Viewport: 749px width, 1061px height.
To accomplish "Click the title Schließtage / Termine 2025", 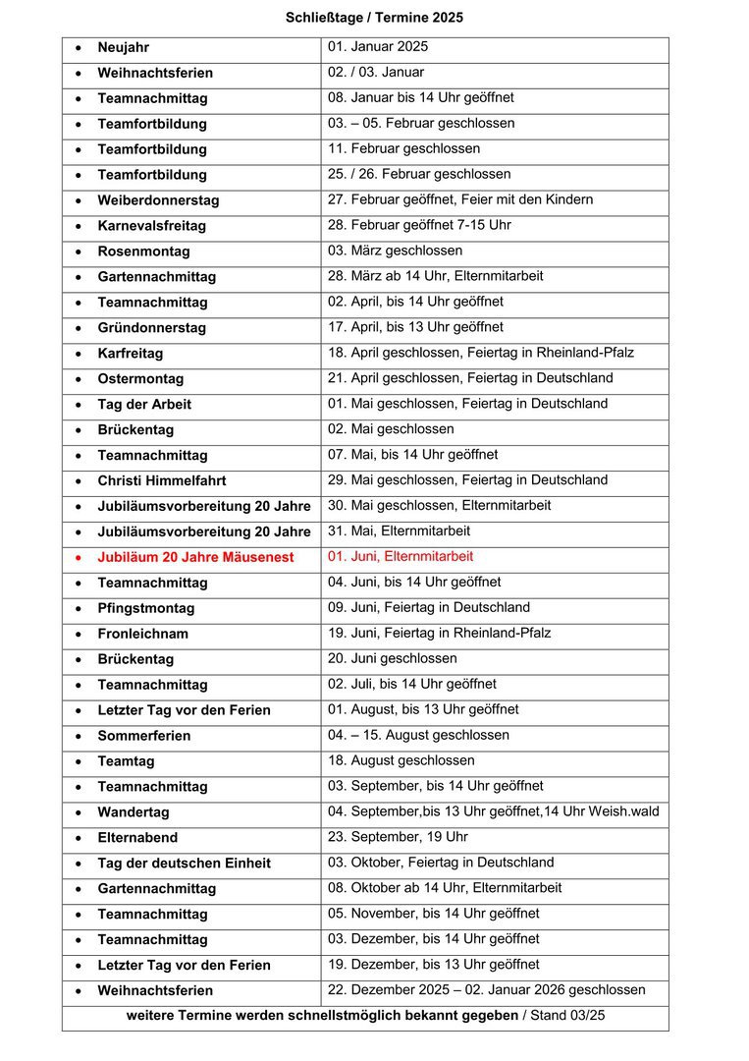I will tap(374, 18).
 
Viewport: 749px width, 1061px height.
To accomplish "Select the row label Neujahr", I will tap(124, 47).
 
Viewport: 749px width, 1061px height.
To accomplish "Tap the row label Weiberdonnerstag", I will tap(158, 200).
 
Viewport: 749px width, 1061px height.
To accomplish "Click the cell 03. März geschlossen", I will tap(395, 251).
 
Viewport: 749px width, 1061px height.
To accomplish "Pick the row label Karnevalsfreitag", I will tap(152, 226).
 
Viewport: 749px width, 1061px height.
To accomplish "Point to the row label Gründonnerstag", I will tap(152, 328).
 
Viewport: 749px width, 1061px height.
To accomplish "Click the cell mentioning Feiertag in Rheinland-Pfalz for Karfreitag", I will tap(481, 353).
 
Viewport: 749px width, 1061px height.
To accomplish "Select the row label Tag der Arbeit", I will tap(144, 405).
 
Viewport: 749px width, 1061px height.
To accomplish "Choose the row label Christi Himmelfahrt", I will tap(162, 481).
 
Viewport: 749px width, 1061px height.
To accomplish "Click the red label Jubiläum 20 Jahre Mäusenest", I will tap(195, 557).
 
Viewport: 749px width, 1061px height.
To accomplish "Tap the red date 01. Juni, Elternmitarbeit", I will tap(401, 557).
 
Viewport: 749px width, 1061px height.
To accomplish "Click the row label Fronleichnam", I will tap(143, 634).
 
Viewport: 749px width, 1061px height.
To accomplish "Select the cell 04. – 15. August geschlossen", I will tap(418, 735).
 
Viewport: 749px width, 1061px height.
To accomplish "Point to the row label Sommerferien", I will tap(144, 736).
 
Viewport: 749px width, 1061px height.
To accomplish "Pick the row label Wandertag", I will tap(134, 812).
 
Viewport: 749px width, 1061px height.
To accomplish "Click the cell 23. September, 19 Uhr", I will tap(398, 837).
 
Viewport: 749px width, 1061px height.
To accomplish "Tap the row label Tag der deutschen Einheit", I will tap(185, 864).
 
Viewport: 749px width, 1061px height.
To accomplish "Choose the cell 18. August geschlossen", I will tap(401, 760).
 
